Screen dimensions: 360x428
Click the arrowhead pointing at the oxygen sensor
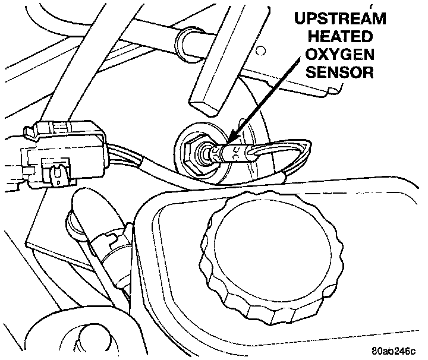click(x=228, y=140)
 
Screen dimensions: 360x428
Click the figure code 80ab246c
click(x=393, y=349)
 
